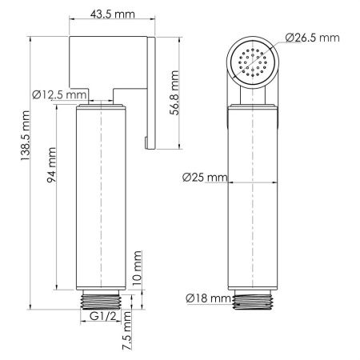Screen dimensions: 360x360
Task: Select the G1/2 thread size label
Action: [103, 318]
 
